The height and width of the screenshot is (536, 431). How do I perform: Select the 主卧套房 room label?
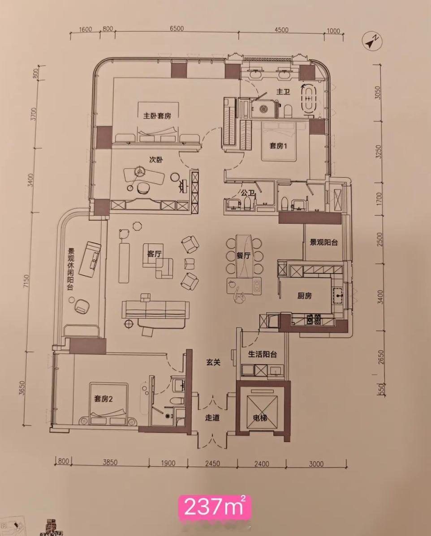tap(157, 115)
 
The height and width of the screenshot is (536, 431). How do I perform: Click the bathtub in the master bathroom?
tap(308, 99)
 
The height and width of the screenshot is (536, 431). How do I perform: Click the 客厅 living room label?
tap(155, 254)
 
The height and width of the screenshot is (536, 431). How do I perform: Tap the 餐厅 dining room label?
tap(243, 255)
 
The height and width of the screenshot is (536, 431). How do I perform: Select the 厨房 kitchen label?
tap(305, 296)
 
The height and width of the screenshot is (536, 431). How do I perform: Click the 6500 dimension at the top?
tap(177, 29)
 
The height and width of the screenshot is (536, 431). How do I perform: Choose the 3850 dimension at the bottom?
tap(110, 462)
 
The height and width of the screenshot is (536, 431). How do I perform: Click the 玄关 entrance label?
tap(213, 362)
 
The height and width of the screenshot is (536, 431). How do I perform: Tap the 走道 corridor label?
tap(212, 418)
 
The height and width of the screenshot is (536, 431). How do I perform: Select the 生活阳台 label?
tap(263, 354)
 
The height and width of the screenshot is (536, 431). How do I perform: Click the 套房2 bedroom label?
tap(103, 399)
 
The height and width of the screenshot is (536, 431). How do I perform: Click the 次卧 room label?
tap(156, 160)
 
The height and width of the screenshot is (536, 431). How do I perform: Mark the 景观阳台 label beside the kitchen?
tap(324, 242)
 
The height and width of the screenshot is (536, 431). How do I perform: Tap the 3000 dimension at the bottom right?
tap(316, 464)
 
